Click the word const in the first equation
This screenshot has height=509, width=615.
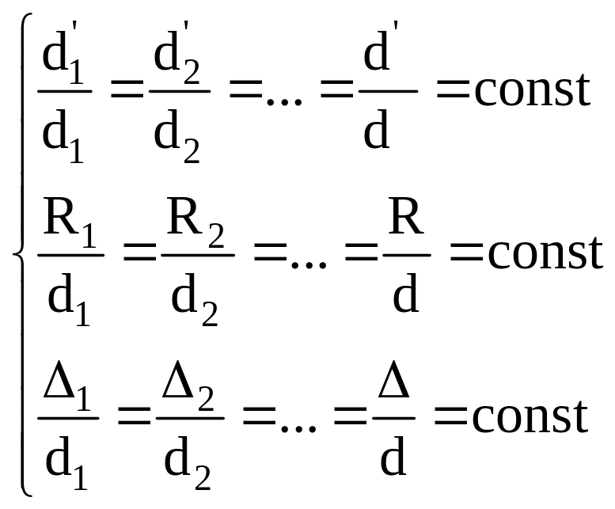tap(532, 90)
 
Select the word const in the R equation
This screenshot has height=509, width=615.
tap(545, 253)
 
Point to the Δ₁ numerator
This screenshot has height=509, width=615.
tap(66, 387)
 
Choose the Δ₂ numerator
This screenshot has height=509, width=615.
tap(191, 387)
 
